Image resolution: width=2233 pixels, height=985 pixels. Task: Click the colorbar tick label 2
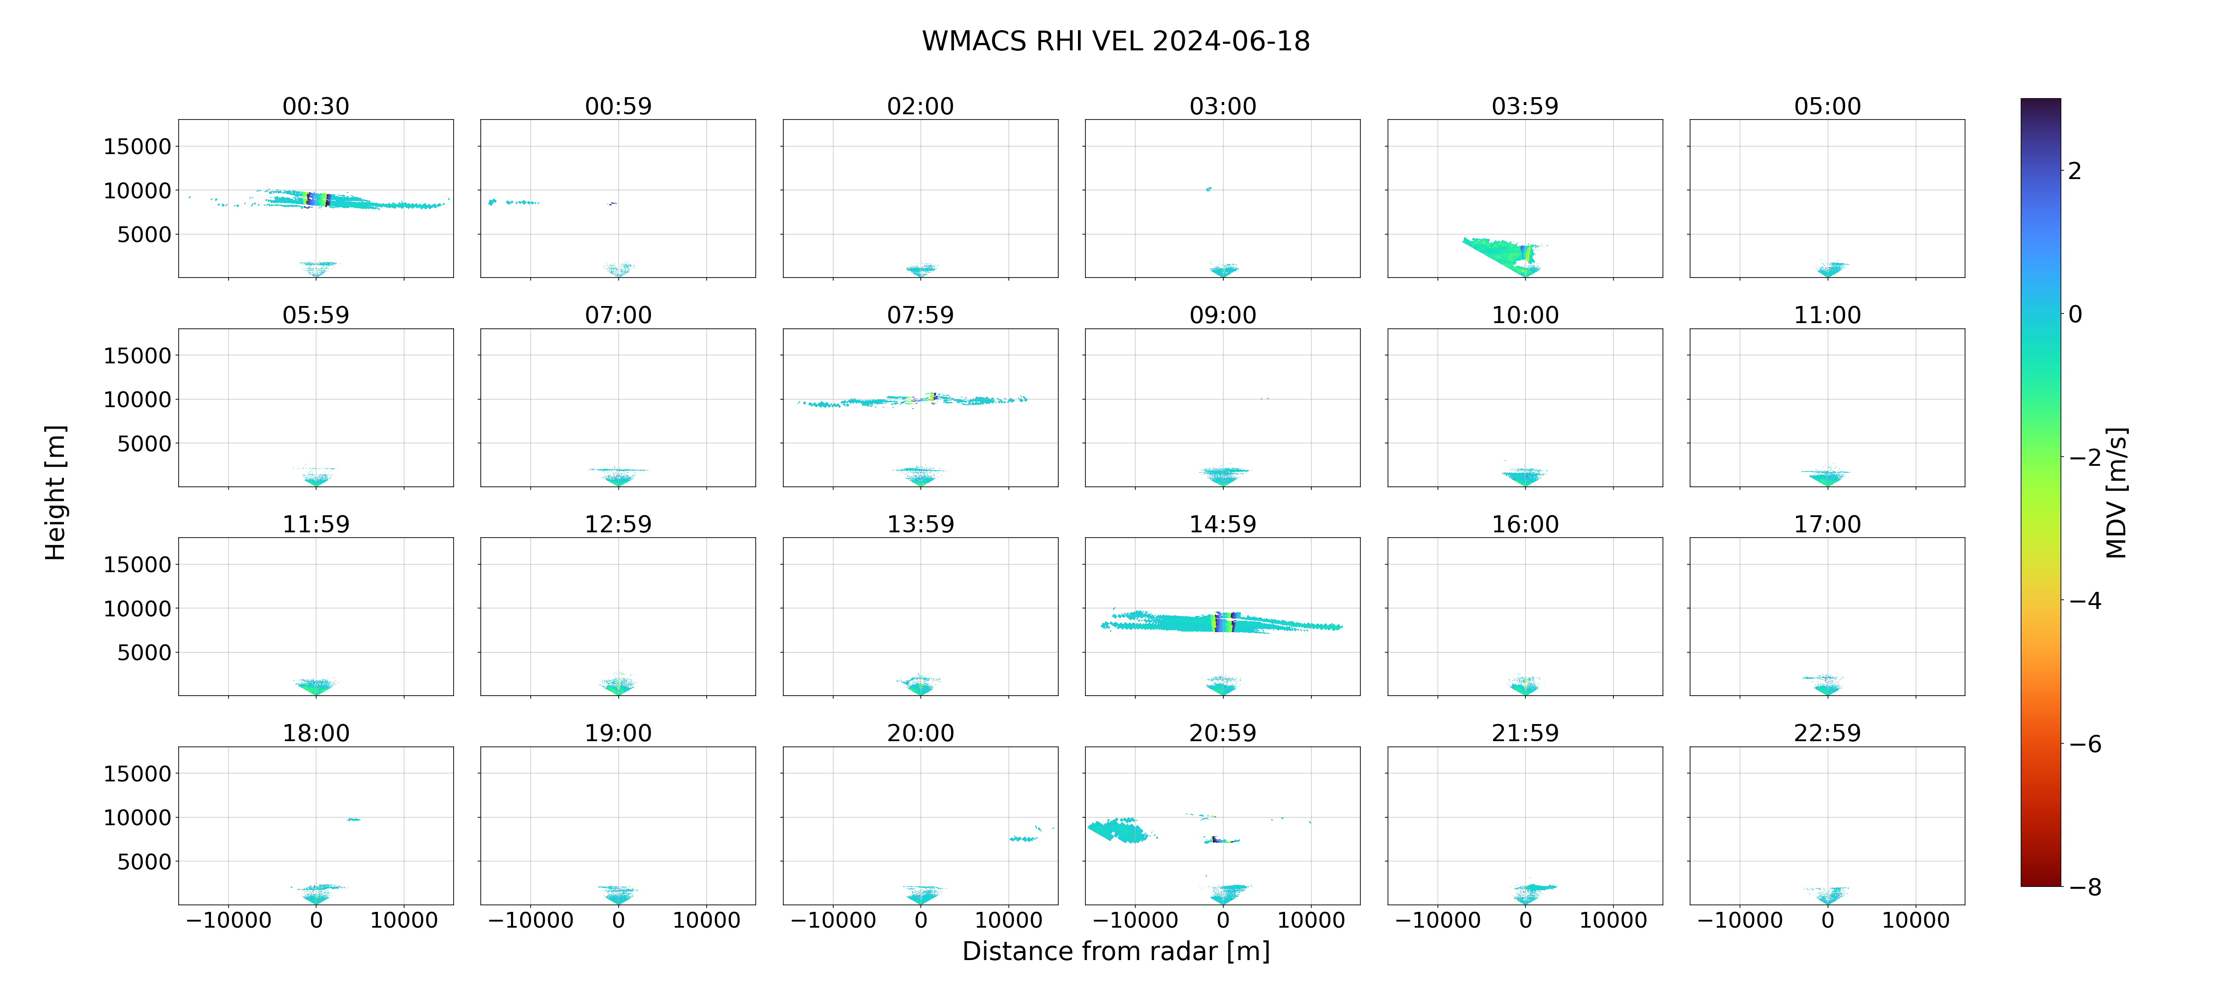(x=2075, y=171)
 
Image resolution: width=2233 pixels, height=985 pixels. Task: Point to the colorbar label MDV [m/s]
(x=2116, y=492)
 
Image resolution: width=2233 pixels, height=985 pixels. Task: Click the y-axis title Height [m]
(x=56, y=492)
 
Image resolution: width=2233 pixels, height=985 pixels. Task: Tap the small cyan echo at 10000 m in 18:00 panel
(x=354, y=820)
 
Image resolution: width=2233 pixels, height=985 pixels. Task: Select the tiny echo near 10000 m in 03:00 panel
(x=1208, y=188)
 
